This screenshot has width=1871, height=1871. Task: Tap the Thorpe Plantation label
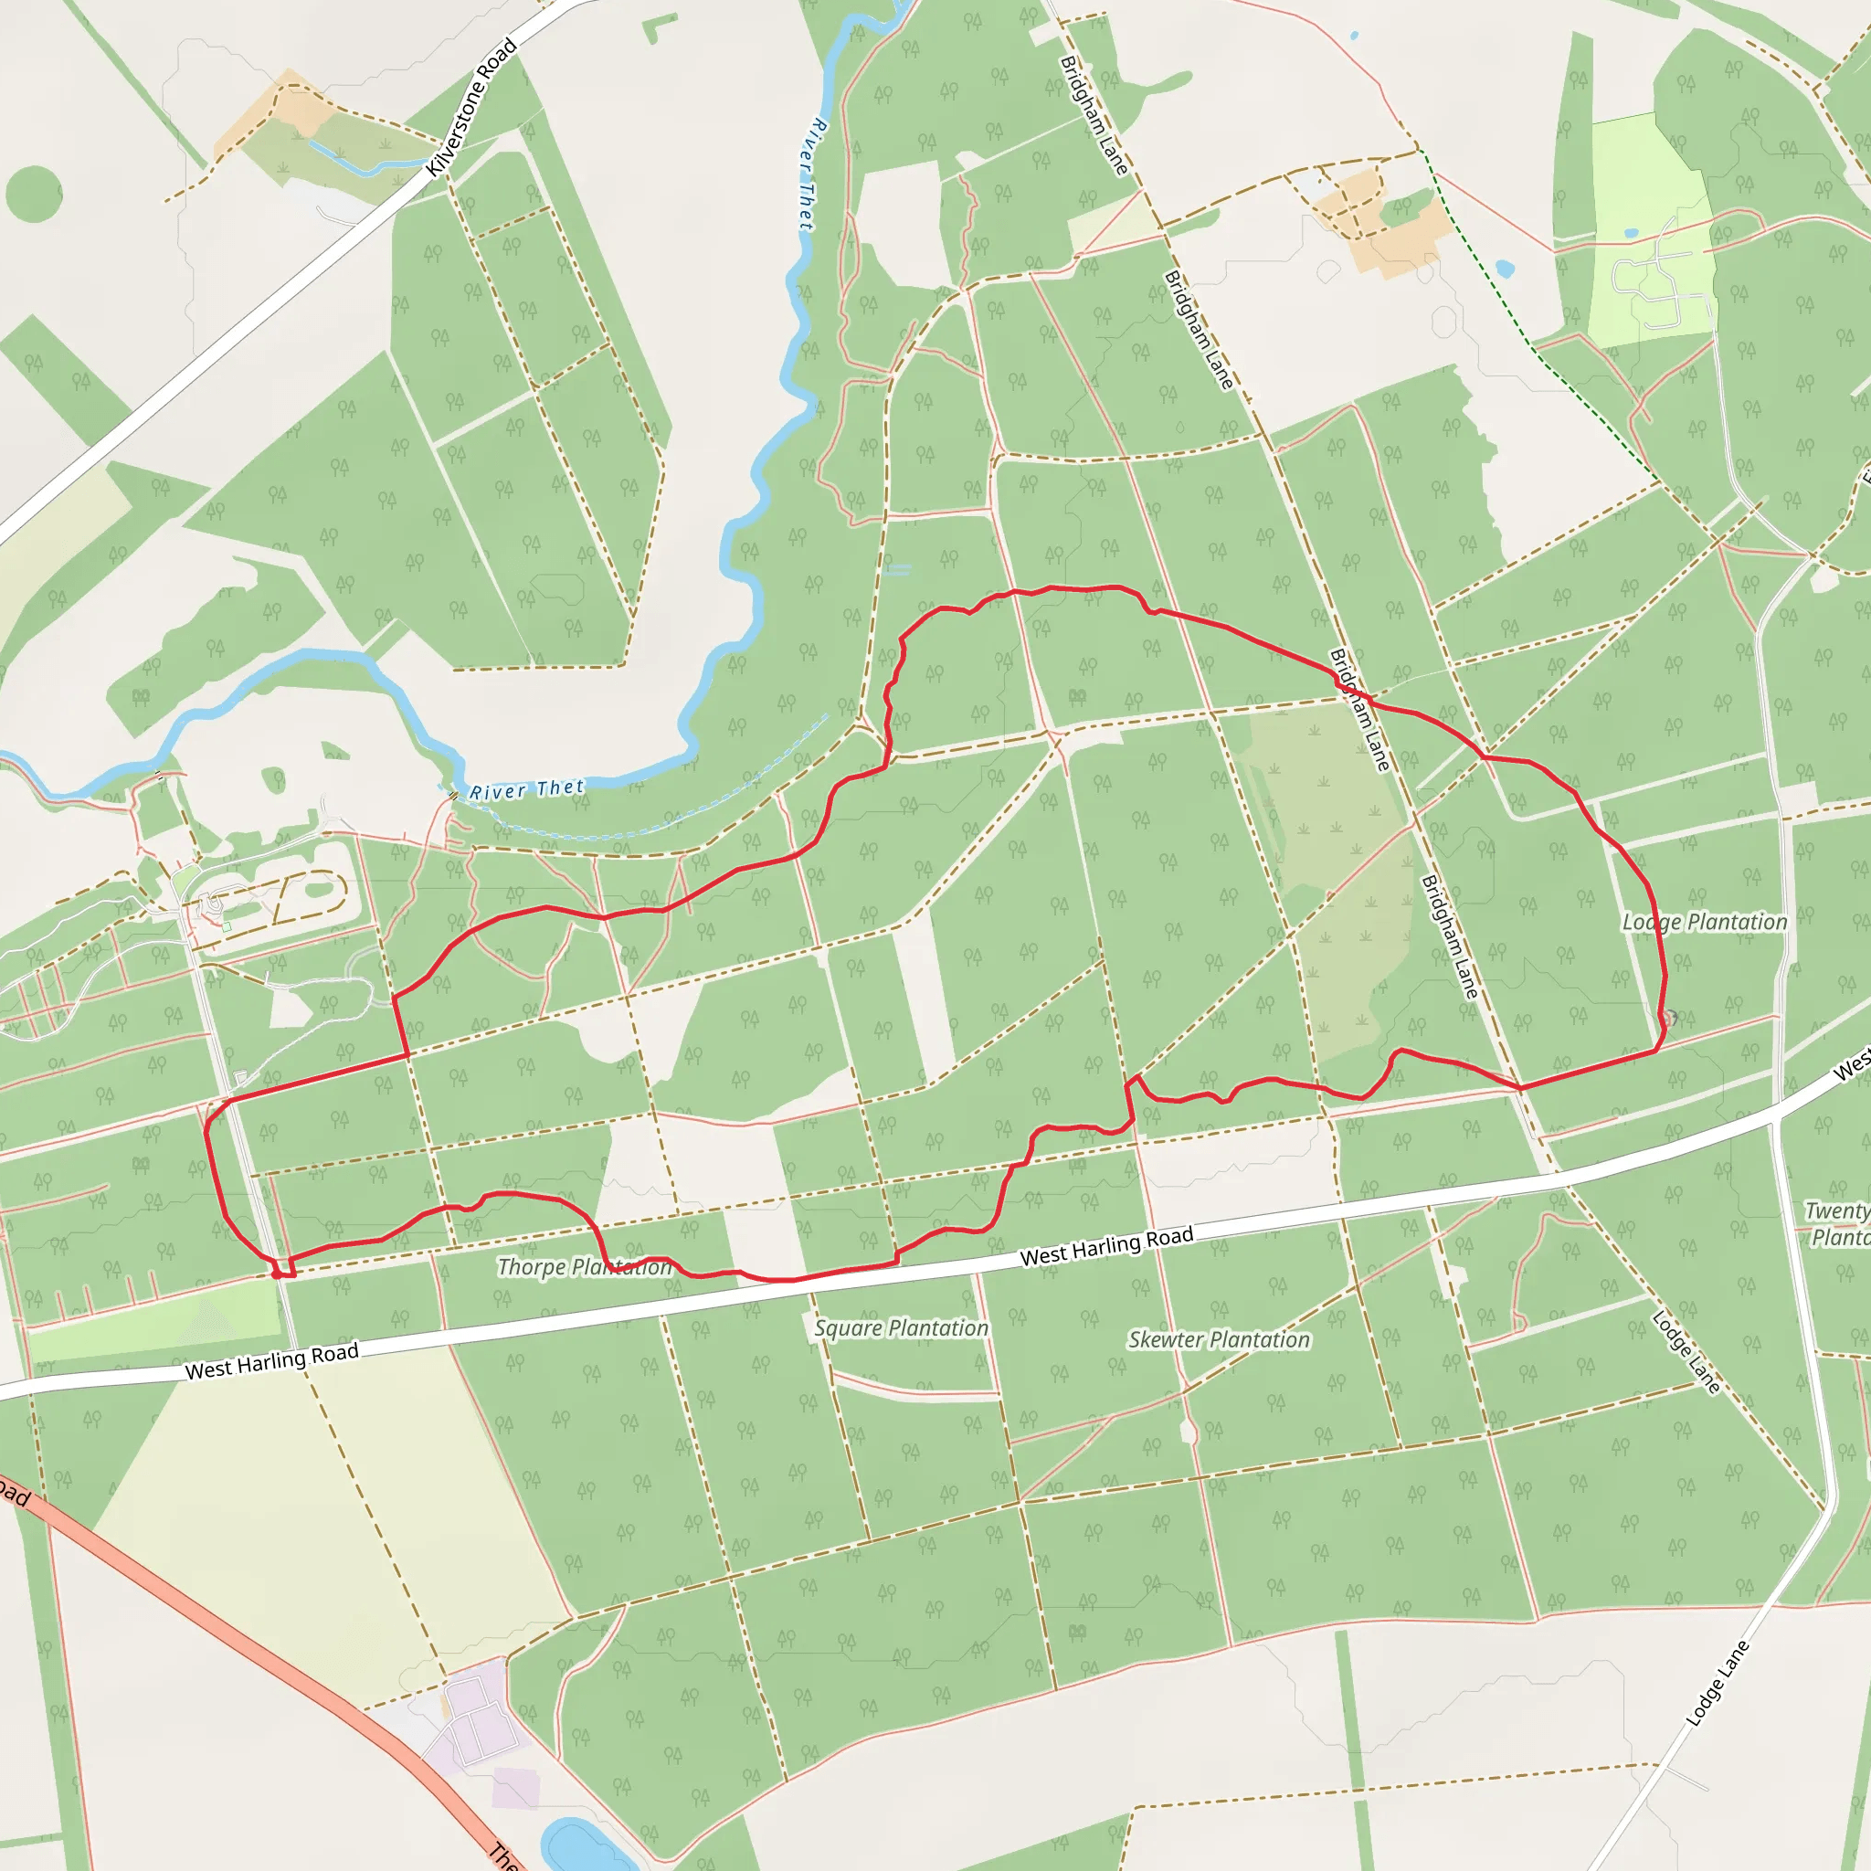coord(584,1267)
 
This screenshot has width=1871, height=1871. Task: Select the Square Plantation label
coord(901,1327)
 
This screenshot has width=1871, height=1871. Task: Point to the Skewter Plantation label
coord(1219,1339)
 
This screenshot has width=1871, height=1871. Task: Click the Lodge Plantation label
coord(1705,922)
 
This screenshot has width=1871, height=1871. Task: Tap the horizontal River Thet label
coord(527,789)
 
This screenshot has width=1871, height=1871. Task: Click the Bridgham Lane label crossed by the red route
coord(1359,710)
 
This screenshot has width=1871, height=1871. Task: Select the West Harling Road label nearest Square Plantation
coord(1106,1246)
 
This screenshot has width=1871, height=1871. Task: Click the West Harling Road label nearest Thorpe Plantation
coord(272,1360)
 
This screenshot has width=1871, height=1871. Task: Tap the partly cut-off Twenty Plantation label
coord(1838,1223)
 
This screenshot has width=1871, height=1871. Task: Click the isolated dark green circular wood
coord(34,193)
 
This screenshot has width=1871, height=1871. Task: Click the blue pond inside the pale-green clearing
coord(1631,233)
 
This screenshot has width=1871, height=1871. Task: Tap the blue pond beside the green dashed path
coord(1504,267)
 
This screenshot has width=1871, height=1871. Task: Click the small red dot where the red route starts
coord(277,1274)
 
